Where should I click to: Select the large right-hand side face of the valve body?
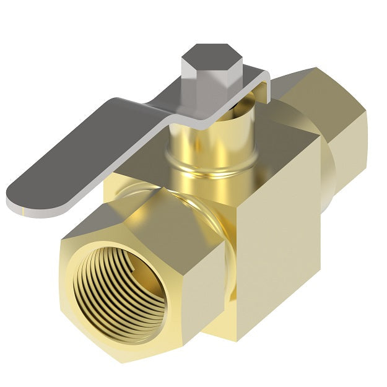(x=279, y=248)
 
